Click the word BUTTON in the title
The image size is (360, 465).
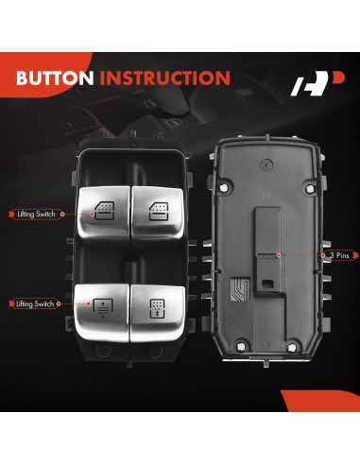click(57, 77)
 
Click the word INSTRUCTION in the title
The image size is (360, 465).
click(166, 77)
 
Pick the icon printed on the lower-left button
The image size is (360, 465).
click(100, 306)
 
